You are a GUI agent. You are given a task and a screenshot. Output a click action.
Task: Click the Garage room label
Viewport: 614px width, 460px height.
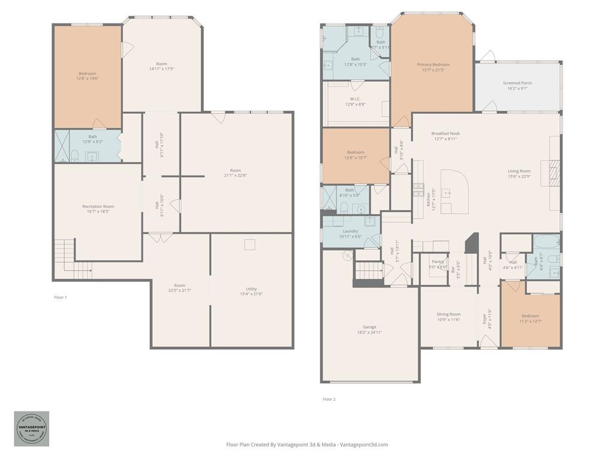(x=369, y=329)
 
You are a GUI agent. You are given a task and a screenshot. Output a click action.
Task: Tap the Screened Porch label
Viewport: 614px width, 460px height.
(x=517, y=86)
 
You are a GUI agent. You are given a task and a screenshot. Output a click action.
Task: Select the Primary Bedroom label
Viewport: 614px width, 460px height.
(x=433, y=67)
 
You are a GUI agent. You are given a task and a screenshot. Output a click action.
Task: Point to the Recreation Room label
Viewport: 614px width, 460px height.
(x=98, y=209)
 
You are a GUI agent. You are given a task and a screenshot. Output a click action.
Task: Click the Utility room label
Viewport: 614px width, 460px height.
(x=251, y=291)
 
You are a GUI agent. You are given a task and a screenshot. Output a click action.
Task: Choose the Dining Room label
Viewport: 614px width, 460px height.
(x=449, y=317)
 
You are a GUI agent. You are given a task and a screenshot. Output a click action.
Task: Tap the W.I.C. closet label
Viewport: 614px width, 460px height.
(x=355, y=101)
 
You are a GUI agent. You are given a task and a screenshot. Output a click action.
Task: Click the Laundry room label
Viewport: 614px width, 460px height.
(x=350, y=234)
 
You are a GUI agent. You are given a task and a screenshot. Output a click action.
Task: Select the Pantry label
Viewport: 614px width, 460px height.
(x=438, y=264)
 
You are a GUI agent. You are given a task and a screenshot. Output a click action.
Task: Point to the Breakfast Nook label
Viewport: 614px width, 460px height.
(x=446, y=136)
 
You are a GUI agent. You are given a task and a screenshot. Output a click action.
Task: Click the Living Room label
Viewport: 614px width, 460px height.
(x=519, y=174)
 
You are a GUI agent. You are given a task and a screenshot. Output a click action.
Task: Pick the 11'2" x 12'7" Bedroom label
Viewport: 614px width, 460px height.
(x=530, y=318)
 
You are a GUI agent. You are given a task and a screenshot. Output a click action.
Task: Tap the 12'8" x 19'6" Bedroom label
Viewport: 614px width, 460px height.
(x=87, y=76)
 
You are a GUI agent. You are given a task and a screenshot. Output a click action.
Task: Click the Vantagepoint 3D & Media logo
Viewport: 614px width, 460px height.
(x=32, y=429)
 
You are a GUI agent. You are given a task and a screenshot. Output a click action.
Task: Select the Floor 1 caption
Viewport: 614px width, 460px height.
(x=60, y=297)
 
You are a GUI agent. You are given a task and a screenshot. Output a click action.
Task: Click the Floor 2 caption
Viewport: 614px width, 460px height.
(x=329, y=399)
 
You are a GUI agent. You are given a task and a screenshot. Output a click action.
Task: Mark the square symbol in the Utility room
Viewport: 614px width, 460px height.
(x=249, y=244)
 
